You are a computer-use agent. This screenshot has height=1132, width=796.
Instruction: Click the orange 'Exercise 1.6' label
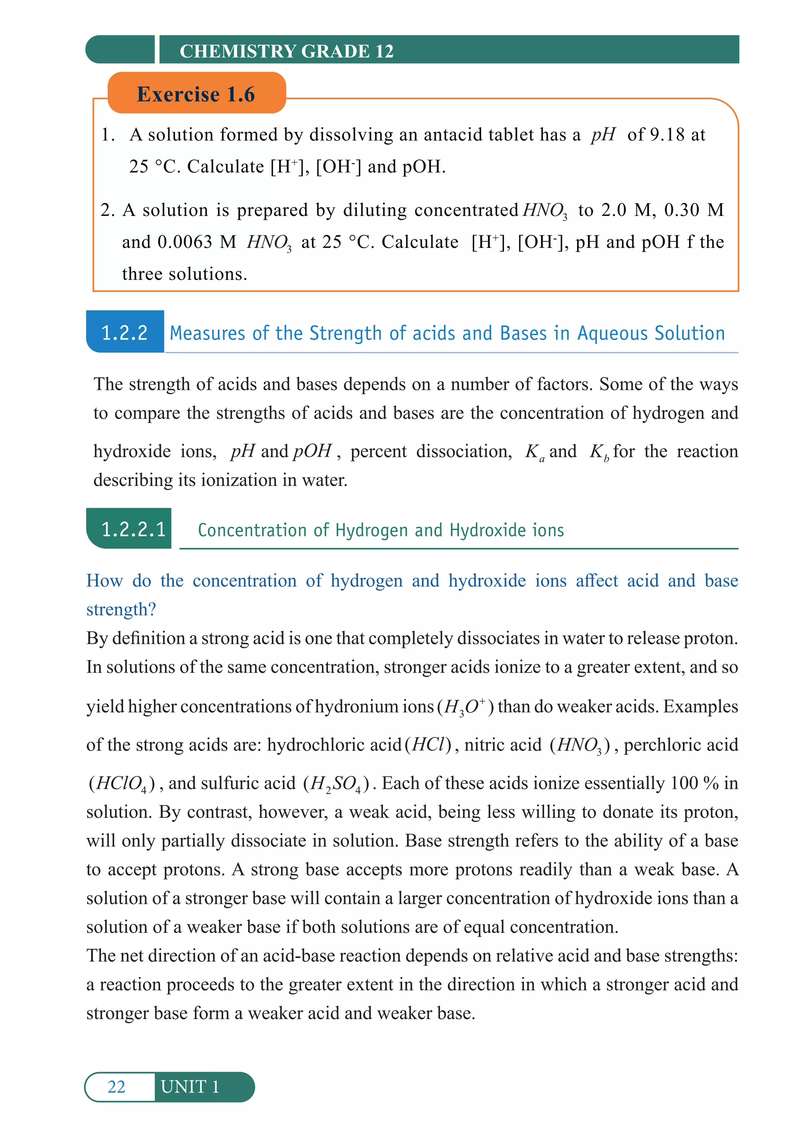coord(196,94)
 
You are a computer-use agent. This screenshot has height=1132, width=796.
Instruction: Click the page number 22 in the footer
coord(116,1086)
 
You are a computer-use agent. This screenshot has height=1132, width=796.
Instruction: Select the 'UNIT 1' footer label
coord(190,1086)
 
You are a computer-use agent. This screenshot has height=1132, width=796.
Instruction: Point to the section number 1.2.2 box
coord(125,332)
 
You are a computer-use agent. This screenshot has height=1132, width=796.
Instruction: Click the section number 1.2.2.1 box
coord(133,529)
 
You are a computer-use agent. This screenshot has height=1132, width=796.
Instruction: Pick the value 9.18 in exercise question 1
coord(667,134)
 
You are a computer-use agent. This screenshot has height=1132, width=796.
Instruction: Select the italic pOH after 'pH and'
coord(312,451)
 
